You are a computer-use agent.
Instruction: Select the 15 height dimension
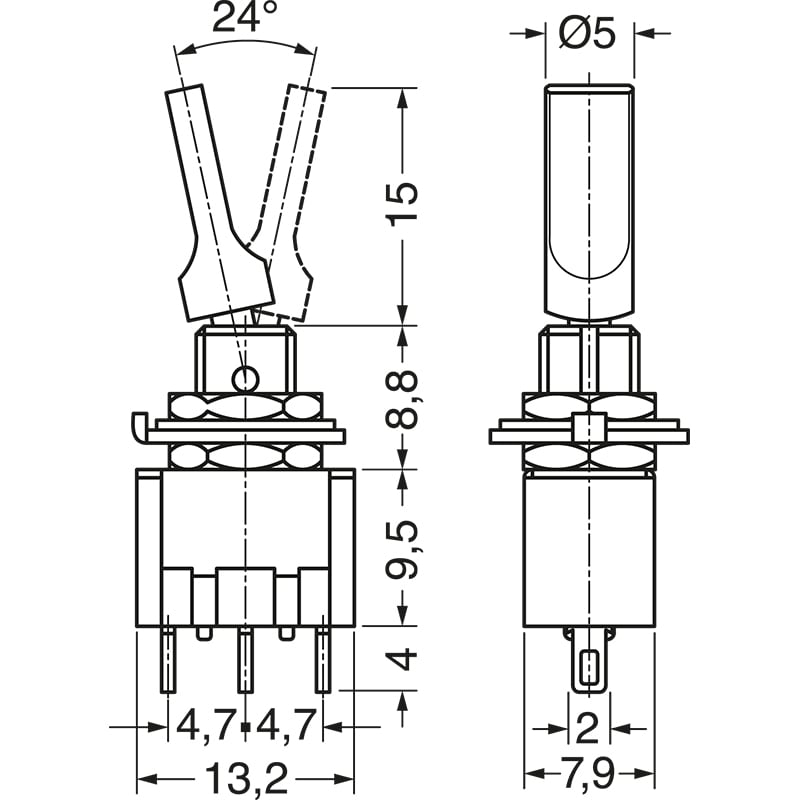[403, 206]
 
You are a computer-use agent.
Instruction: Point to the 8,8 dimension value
[403, 397]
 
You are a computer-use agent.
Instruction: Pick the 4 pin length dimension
[403, 659]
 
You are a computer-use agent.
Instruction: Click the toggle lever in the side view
[590, 200]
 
